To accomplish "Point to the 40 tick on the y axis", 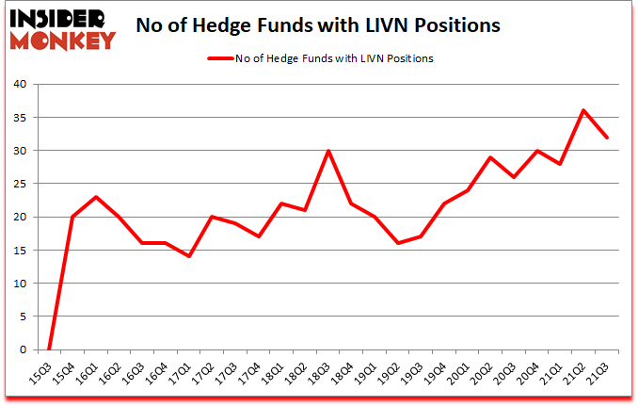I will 19,84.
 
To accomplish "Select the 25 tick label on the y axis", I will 19,184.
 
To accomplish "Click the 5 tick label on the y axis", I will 23,317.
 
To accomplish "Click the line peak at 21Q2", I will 583,110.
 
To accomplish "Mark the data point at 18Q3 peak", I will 328,151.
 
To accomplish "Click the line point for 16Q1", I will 95,197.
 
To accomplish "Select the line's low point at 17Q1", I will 188,256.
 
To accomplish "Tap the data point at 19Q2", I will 399,243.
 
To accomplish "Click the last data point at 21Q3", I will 607,138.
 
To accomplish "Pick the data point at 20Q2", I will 491,157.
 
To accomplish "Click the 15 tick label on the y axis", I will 19,250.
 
